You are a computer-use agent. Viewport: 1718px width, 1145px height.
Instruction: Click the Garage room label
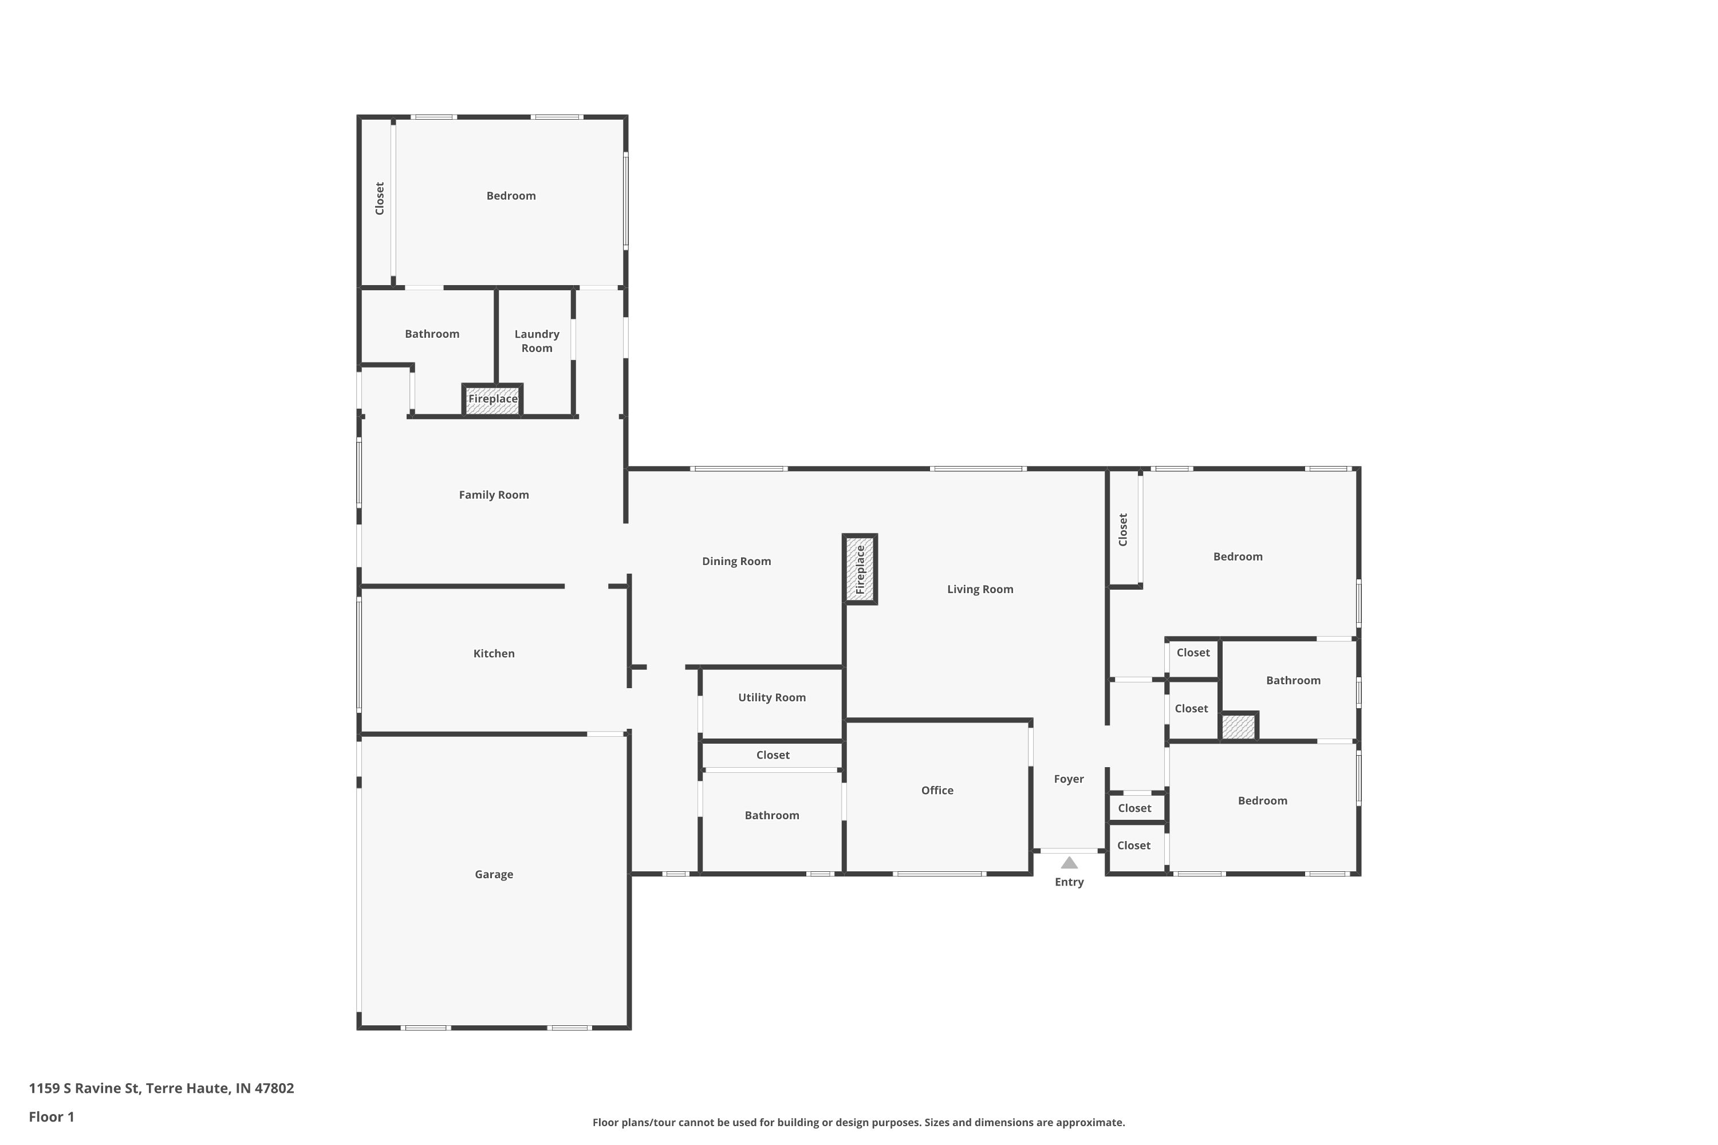pos(494,874)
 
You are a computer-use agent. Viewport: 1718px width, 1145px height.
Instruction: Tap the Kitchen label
pos(494,654)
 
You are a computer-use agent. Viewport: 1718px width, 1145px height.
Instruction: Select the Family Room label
pos(494,495)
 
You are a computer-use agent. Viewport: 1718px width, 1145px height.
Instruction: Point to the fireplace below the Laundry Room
pos(492,400)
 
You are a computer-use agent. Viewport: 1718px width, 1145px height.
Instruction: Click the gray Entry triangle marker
pos(1069,863)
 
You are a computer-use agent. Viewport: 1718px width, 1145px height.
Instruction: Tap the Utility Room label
pos(771,697)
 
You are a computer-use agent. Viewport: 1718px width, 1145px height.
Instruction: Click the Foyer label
pos(1069,779)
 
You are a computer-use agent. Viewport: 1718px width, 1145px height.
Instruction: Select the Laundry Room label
pos(537,341)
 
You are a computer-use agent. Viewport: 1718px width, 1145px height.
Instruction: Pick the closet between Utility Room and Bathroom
pos(772,755)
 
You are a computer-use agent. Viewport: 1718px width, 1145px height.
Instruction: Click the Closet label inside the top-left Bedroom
pos(379,199)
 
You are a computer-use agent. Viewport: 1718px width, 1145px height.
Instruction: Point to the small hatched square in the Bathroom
pos(1238,727)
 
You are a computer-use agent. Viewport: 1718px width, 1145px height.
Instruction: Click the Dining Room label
pos(736,562)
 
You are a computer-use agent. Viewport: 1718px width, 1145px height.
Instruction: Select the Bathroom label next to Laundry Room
pos(432,334)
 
